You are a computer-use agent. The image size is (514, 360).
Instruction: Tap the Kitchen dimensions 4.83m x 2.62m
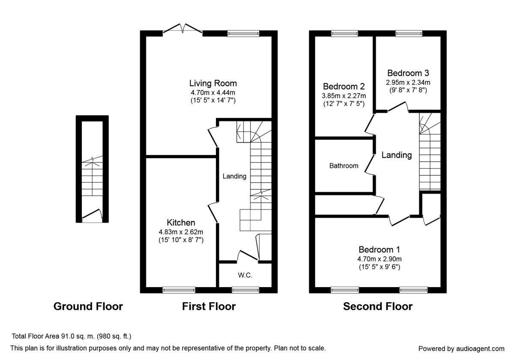tap(181, 232)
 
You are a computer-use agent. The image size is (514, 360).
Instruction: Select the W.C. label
tap(245, 276)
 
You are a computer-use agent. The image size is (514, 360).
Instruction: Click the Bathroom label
tap(344, 165)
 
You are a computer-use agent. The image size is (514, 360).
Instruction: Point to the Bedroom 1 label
tap(380, 249)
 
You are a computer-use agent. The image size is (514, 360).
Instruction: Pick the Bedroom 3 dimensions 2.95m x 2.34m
tap(408, 82)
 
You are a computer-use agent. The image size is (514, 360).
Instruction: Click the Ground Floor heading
tap(88, 306)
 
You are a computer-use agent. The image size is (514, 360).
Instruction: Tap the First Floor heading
tap(209, 306)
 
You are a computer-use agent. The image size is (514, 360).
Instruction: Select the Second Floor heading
tap(378, 306)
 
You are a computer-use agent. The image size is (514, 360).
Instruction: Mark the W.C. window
tap(245, 290)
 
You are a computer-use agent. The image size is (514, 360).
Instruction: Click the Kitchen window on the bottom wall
tap(179, 290)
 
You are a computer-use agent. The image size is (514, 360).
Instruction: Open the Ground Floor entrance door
tap(92, 216)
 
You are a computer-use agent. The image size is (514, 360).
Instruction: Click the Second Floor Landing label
tap(397, 155)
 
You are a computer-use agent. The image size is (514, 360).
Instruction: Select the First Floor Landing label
tap(234, 176)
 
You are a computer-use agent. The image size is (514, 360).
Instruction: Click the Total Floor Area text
tap(71, 336)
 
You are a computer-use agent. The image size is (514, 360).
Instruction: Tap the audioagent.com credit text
tap(461, 348)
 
